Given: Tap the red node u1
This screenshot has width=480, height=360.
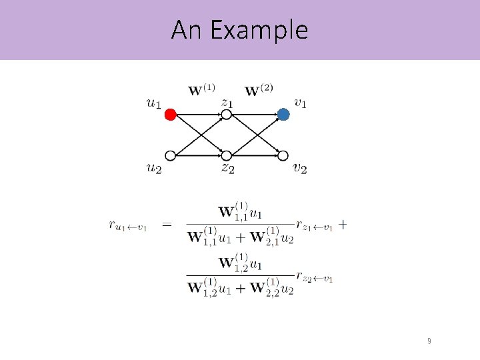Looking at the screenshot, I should point(170,115).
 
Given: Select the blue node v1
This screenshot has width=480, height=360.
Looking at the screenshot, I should point(283,115).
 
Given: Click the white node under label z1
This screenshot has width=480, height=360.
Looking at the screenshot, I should point(227,115).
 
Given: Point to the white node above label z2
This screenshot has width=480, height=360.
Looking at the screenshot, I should point(227,156).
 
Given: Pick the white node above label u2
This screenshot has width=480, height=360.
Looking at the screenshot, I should point(170,156).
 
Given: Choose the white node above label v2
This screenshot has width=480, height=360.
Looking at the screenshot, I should point(283,156).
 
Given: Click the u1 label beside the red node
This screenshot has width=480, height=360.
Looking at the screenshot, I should point(153,103).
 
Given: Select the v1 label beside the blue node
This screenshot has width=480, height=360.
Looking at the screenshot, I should point(301,103).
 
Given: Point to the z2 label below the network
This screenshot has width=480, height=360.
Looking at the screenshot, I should point(227,168).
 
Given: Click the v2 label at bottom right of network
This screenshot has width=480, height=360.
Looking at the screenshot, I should point(301,168).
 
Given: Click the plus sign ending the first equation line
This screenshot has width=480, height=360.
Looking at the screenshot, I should point(342,225).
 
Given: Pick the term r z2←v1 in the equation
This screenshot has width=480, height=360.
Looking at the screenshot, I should point(315,278).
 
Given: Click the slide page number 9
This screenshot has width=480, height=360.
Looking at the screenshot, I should point(429,341).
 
